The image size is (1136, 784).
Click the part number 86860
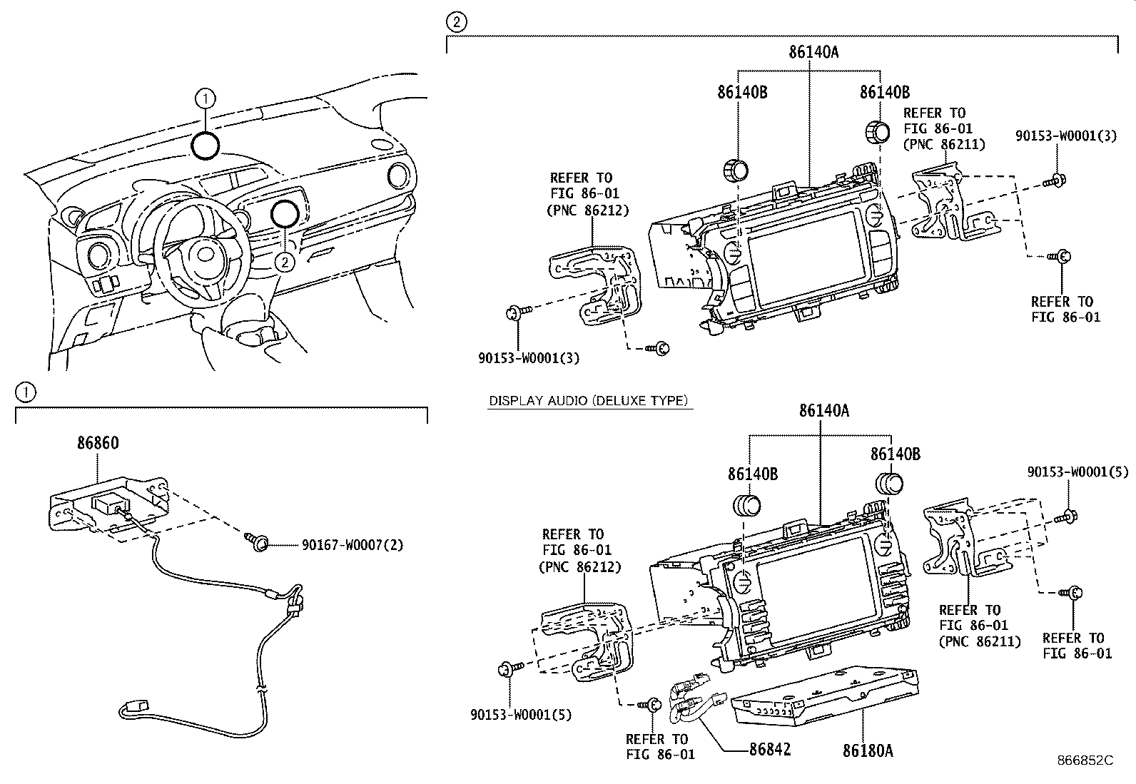(x=98, y=443)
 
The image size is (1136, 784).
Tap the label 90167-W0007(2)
(x=352, y=545)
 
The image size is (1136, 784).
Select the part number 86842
(x=770, y=750)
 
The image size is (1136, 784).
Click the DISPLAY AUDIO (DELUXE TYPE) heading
(x=588, y=401)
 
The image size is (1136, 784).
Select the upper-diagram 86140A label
(x=813, y=51)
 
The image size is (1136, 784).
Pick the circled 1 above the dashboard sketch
(x=205, y=97)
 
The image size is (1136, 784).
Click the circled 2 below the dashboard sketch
(x=285, y=262)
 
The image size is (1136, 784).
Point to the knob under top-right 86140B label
(x=877, y=133)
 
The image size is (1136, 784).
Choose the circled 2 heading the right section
(x=456, y=22)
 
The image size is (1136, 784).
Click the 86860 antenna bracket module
(x=111, y=503)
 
